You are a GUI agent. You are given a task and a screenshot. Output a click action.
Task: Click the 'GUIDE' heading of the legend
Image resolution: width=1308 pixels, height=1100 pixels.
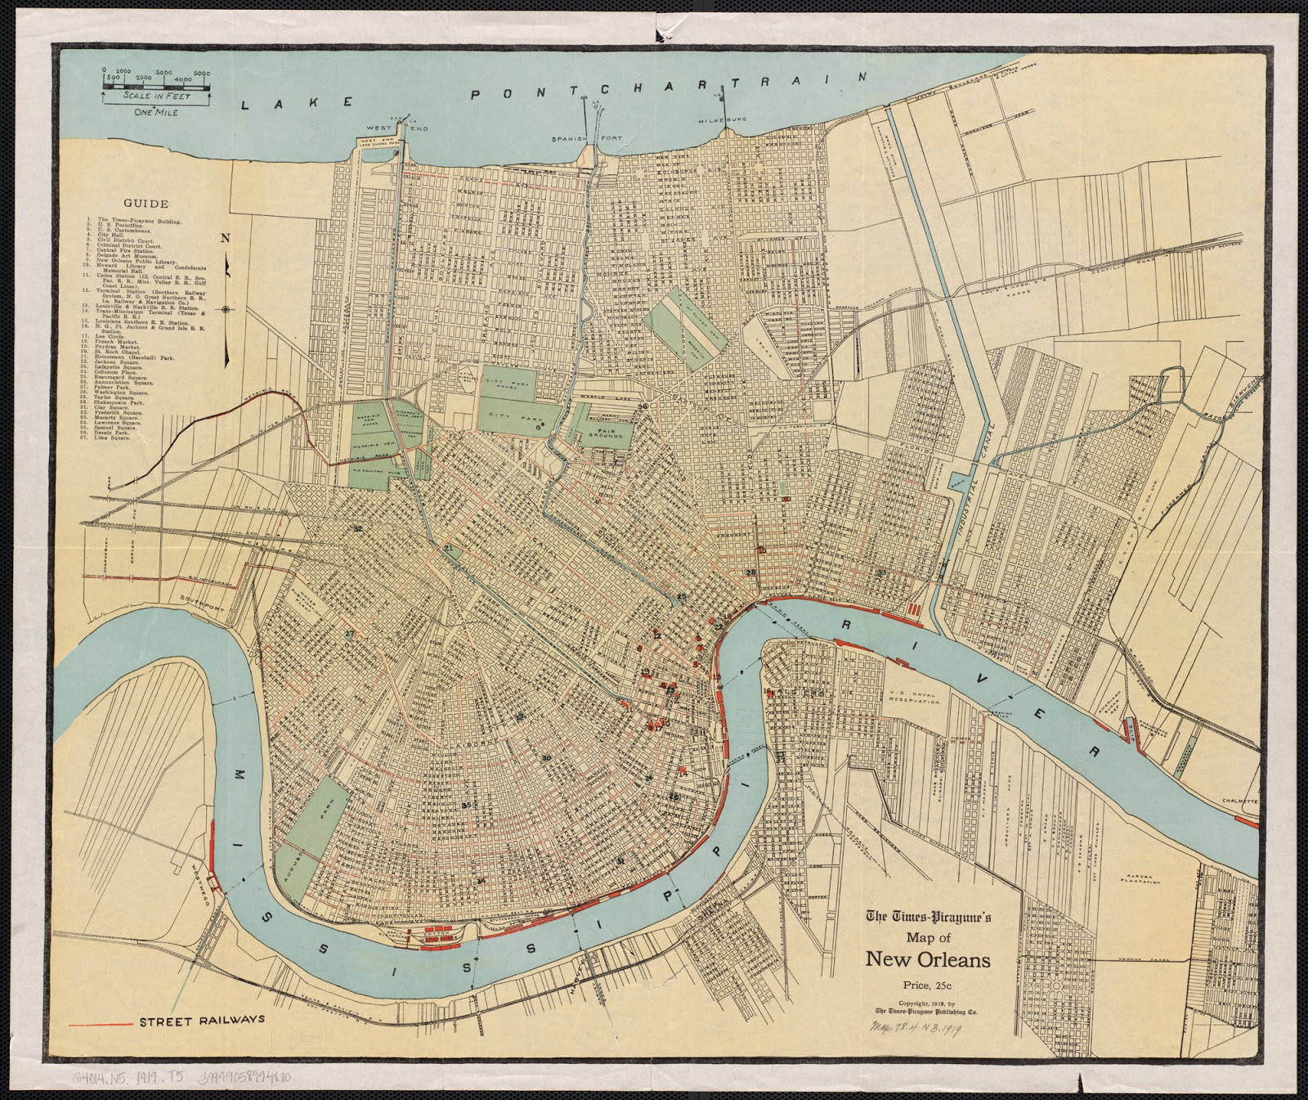[x=146, y=204]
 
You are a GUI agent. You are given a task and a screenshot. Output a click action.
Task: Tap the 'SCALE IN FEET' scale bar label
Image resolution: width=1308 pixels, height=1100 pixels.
[x=157, y=96]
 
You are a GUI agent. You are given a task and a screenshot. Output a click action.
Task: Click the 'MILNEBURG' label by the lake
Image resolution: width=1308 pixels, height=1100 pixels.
[x=720, y=121]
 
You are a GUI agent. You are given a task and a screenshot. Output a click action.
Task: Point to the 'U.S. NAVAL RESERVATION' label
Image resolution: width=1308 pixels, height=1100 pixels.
[x=916, y=698]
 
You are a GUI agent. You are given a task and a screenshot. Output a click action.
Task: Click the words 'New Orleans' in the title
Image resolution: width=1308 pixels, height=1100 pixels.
[x=928, y=959]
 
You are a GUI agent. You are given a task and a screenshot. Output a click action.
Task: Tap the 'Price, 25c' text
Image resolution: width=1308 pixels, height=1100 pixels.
[x=928, y=985]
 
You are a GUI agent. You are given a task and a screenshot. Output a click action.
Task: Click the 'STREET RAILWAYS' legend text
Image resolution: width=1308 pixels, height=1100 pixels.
[x=202, y=1020]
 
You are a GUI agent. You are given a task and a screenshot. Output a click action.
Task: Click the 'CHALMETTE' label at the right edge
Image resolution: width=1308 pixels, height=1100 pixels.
[x=1239, y=801]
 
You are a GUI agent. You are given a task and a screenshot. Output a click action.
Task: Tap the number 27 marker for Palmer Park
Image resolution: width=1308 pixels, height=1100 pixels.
[x=350, y=634]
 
